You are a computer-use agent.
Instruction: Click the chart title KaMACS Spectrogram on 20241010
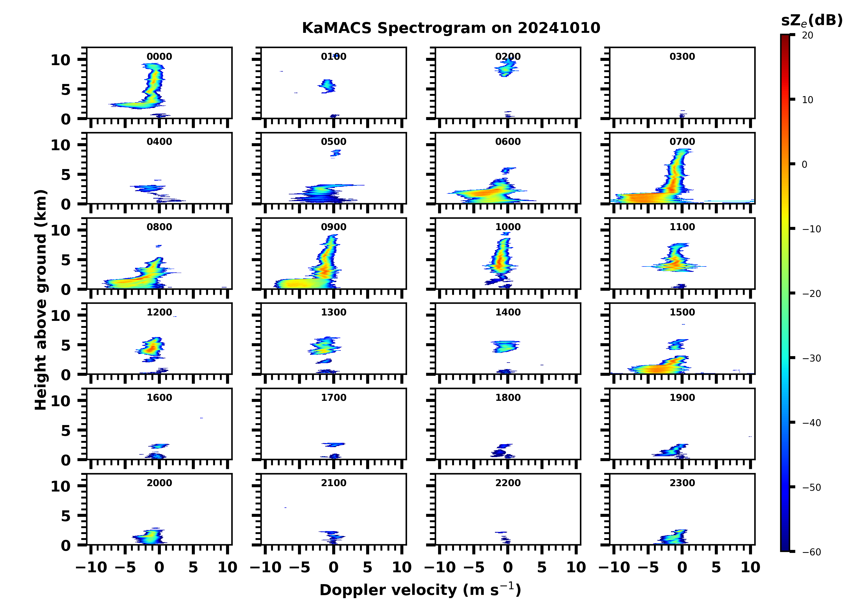click(451, 28)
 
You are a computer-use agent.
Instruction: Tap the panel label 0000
click(159, 57)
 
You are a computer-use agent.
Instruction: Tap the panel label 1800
click(508, 398)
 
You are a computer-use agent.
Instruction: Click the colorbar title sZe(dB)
click(812, 21)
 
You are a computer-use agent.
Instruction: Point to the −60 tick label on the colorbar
click(812, 552)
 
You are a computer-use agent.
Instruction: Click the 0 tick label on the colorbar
click(804, 164)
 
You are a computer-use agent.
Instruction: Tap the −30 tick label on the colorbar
click(812, 358)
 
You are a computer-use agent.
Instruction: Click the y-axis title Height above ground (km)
click(41, 300)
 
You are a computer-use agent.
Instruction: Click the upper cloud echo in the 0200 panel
click(507, 68)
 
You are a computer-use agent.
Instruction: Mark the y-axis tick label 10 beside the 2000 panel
click(60, 486)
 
